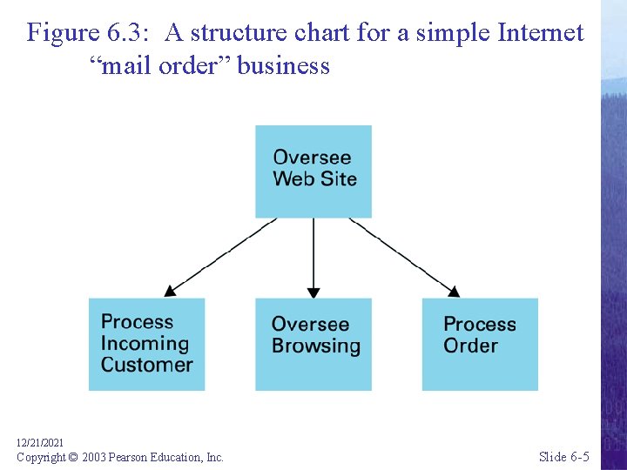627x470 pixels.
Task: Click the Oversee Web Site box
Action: (313, 171)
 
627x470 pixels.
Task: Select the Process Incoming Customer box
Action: (146, 344)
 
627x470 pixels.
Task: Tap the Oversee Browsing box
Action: (313, 344)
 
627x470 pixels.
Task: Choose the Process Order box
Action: (480, 344)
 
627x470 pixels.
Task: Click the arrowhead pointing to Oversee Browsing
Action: (313, 292)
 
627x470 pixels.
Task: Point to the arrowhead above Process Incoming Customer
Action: (171, 290)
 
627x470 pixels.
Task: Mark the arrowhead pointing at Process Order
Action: (453, 290)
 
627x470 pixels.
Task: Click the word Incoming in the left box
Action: (145, 344)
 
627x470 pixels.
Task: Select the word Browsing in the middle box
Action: (315, 346)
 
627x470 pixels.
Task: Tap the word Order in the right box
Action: (470, 346)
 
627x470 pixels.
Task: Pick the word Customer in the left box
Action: (146, 365)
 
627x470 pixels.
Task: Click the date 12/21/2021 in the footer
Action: (40, 443)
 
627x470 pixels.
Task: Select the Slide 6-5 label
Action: (563, 457)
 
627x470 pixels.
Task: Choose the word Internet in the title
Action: (540, 33)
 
